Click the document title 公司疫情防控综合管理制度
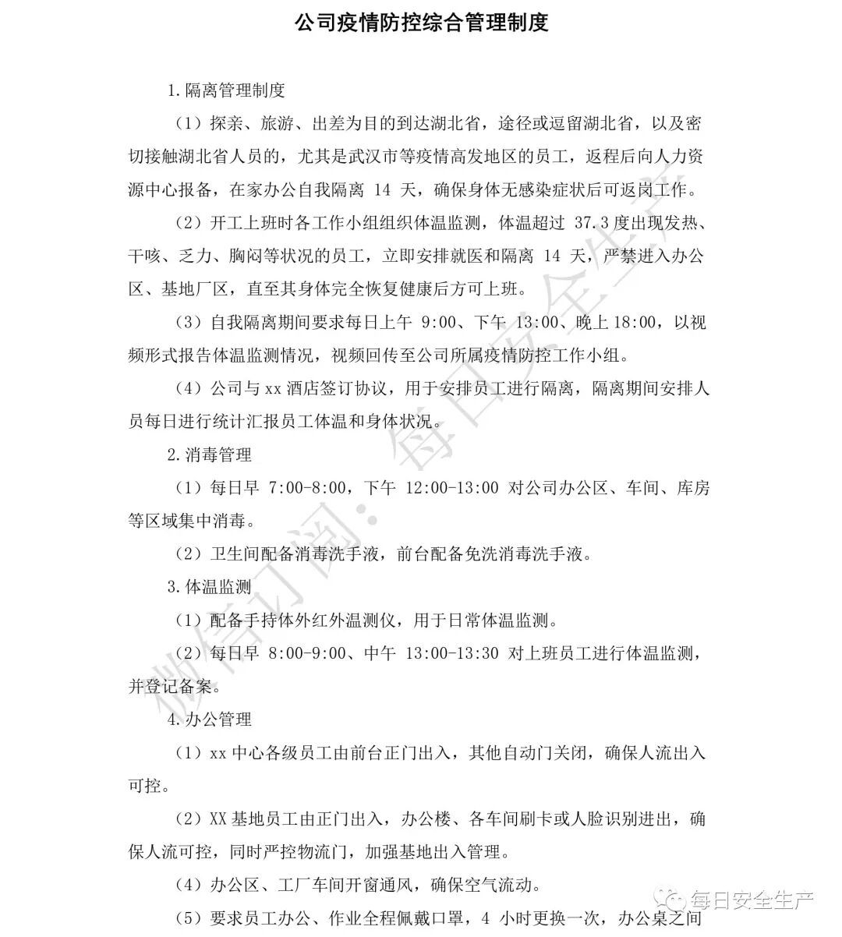click(x=421, y=23)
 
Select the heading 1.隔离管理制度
click(x=226, y=90)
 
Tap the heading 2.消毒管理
click(x=209, y=454)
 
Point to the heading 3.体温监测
click(x=209, y=587)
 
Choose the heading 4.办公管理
click(x=209, y=720)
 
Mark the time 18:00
click(x=629, y=322)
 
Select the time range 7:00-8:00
click(x=307, y=488)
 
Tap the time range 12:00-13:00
click(x=451, y=488)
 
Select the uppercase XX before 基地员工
click(x=218, y=819)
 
